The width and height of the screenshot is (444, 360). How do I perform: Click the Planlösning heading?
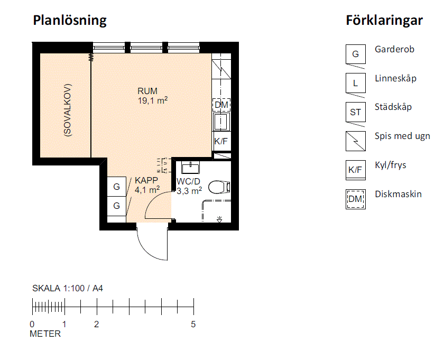click(x=70, y=21)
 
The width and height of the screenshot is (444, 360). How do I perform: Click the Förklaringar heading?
click(x=384, y=21)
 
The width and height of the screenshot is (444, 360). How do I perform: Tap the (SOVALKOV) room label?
click(x=68, y=110)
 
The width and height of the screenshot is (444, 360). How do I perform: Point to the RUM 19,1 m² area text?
click(x=152, y=96)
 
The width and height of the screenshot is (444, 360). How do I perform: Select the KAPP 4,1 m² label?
click(x=147, y=185)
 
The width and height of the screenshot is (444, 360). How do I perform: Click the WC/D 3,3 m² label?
click(x=189, y=186)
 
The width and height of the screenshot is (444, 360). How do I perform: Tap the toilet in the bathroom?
click(x=219, y=187)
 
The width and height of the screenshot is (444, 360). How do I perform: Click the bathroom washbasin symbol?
click(x=191, y=168)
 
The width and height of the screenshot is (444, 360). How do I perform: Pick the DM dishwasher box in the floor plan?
click(x=221, y=105)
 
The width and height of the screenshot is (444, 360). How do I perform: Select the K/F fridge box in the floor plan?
click(x=221, y=141)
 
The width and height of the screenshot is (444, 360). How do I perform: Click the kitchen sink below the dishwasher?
click(x=221, y=121)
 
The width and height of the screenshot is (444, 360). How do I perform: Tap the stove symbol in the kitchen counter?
click(x=221, y=69)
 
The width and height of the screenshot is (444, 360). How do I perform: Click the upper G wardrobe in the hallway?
click(x=116, y=187)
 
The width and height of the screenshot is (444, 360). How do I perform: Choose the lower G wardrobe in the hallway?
click(x=116, y=206)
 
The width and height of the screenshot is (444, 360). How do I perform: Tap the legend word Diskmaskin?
click(x=398, y=194)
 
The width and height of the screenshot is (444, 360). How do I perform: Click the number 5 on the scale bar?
click(x=193, y=324)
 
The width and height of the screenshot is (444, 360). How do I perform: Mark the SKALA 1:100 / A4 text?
click(x=68, y=288)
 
